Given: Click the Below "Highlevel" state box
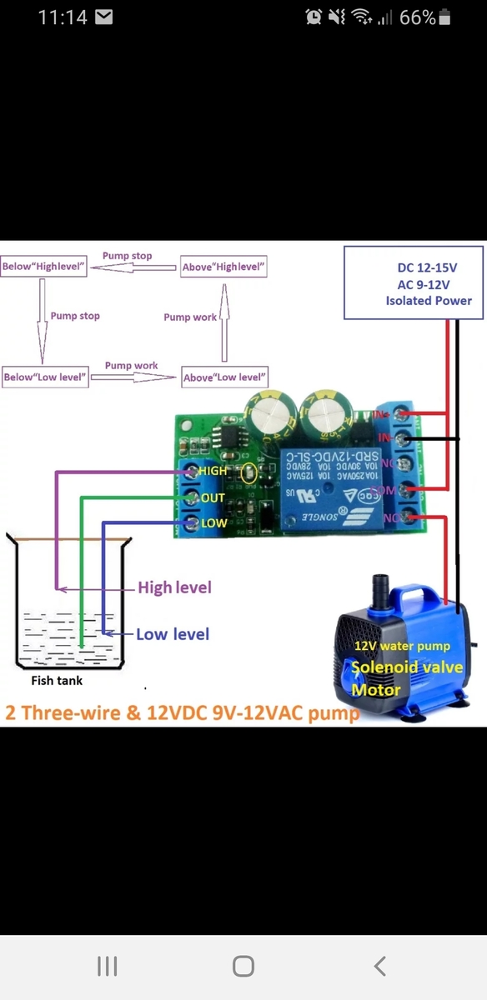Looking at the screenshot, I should [44, 267].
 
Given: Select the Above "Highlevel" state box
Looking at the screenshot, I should [223, 267].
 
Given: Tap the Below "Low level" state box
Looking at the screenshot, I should [45, 377].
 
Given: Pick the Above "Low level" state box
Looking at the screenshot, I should [224, 377].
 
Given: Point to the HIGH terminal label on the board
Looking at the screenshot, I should [213, 471].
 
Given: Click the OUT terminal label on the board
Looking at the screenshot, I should [213, 497].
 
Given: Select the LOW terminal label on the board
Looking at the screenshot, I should [213, 523].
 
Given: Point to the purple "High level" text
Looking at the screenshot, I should [174, 587].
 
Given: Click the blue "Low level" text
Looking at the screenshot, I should [173, 634].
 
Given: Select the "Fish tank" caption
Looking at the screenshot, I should [57, 680].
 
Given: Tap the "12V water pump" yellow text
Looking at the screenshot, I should [402, 646].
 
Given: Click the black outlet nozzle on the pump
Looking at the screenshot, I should [382, 585].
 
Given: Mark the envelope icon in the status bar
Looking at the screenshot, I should [103, 17].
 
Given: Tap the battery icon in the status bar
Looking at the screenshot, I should [444, 17].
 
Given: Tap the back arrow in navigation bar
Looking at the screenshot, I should [379, 966].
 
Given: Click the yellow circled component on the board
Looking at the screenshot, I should [247, 475].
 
